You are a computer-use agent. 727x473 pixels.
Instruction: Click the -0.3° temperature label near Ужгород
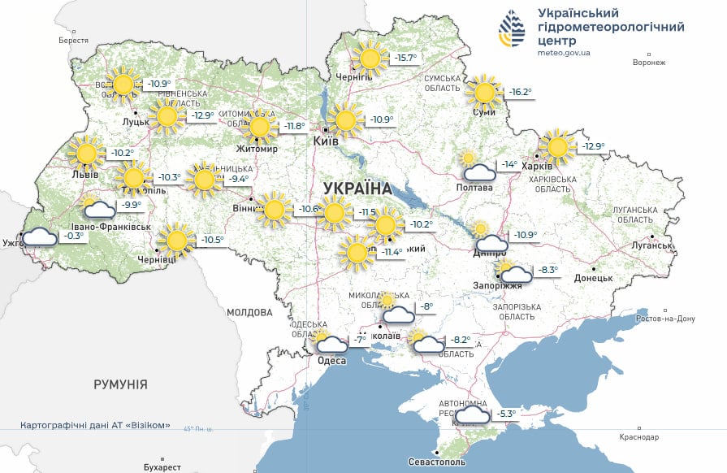tap(74, 236)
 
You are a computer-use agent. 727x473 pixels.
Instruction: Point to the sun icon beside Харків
tap(557, 146)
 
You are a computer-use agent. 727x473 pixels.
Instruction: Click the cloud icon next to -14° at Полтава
tap(479, 171)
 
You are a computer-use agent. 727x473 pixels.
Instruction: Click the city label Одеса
tap(332, 361)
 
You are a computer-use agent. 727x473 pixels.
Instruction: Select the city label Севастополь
tap(437, 462)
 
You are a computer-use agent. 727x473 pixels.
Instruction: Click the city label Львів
tap(85, 174)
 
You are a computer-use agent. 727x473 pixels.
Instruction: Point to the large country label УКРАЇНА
tap(357, 189)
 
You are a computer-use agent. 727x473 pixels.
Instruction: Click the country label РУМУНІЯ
tap(120, 384)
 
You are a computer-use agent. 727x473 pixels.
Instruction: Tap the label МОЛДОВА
tap(249, 312)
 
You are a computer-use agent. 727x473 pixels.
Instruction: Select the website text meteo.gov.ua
tap(564, 53)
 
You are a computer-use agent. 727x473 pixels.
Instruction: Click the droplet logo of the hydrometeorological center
tap(512, 31)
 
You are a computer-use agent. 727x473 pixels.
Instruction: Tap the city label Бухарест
tap(160, 467)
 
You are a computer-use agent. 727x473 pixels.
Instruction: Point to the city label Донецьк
tap(593, 278)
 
